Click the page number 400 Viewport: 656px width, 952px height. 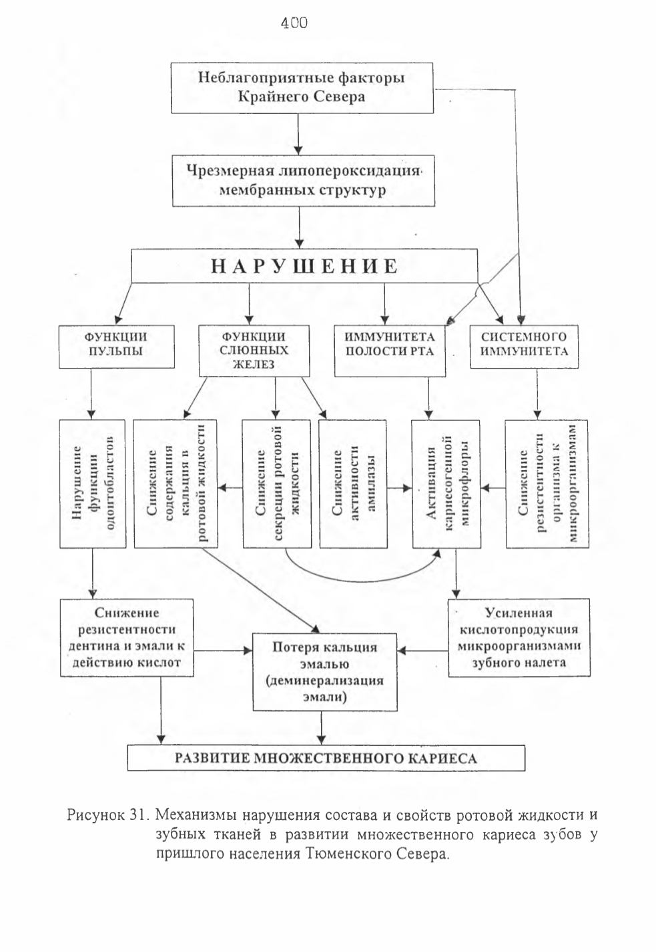pyautogui.click(x=294, y=23)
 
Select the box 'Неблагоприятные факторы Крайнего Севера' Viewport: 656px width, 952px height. pyautogui.click(x=302, y=88)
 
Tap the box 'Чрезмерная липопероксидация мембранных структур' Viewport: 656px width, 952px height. pyautogui.click(x=304, y=181)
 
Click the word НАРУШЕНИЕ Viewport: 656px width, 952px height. pyautogui.click(x=304, y=267)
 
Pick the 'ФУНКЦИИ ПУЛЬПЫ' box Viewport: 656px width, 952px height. pyautogui.click(x=117, y=347)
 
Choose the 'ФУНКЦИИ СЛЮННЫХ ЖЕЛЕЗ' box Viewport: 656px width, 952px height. pyautogui.click(x=254, y=351)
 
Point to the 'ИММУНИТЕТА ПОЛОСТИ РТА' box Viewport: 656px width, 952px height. pyautogui.click(x=390, y=351)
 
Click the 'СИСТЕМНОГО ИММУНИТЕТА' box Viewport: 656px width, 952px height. pyautogui.click(x=524, y=347)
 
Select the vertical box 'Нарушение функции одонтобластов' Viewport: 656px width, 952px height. pyautogui.click(x=93, y=483)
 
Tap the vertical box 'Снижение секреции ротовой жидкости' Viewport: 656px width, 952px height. pyautogui.click(x=277, y=483)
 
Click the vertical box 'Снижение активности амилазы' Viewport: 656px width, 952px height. pyautogui.click(x=353, y=483)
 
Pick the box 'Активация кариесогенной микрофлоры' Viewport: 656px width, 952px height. pyautogui.click(x=446, y=483)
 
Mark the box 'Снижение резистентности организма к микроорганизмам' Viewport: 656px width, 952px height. pyautogui.click(x=547, y=483)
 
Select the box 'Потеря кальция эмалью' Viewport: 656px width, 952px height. pyautogui.click(x=325, y=671)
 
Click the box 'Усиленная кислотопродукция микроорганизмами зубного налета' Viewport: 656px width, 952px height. pyautogui.click(x=519, y=637)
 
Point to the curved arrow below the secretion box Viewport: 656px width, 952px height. pyautogui.click(x=362, y=581)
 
